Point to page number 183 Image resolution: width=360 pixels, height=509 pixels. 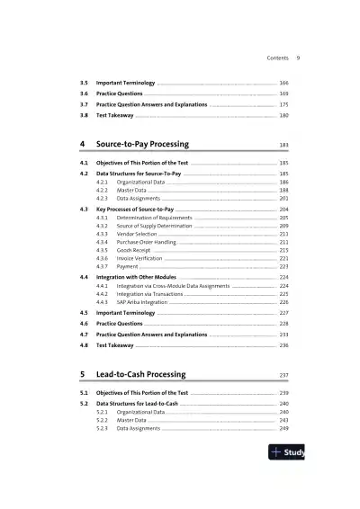coord(283,145)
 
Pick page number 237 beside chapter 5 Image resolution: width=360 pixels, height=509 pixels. coord(283,375)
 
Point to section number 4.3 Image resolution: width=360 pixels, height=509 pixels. coord(84,209)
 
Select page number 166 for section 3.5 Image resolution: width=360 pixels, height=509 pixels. coord(283,83)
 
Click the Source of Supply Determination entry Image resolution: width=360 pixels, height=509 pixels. coord(146,226)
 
